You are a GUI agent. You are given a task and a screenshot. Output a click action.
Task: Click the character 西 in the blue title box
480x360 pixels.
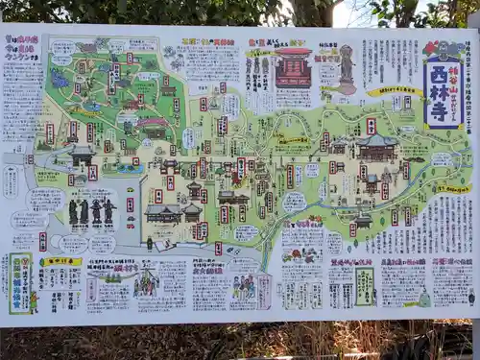tap(442, 76)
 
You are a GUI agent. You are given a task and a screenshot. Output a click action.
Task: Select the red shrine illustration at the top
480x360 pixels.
tap(294, 69)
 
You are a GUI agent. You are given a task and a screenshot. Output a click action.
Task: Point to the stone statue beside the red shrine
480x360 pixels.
tap(346, 67)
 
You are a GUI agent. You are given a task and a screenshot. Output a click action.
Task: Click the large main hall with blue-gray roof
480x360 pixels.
tap(377, 147)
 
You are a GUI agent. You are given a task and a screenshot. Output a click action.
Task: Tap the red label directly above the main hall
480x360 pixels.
tap(371, 126)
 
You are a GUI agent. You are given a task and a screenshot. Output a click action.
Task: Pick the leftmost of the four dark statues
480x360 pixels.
tap(73, 211)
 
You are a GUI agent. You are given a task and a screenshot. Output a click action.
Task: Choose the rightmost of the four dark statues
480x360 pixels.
tap(109, 211)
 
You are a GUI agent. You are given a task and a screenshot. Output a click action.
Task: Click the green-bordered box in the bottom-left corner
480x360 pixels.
tap(20, 282)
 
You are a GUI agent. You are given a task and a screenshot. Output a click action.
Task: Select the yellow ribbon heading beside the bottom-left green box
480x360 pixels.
tap(60, 261)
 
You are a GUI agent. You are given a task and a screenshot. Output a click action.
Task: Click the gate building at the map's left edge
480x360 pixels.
tap(83, 154)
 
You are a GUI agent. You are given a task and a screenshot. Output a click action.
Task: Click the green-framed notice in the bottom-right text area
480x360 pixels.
tap(365, 285)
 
